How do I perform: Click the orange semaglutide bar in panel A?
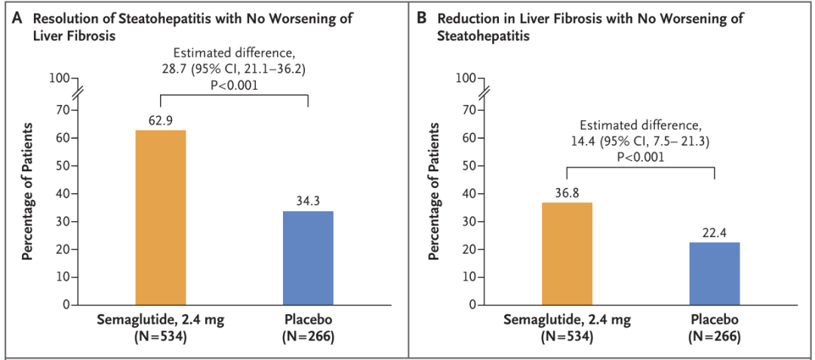(x=161, y=217)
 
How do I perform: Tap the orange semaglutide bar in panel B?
(x=567, y=254)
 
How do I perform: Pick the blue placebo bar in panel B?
(x=715, y=273)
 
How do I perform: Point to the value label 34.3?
(x=308, y=202)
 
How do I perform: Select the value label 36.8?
(x=567, y=193)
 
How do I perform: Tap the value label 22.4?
(x=715, y=233)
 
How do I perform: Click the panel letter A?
(x=17, y=19)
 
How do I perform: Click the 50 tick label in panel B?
(x=469, y=166)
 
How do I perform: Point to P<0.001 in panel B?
(x=641, y=155)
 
